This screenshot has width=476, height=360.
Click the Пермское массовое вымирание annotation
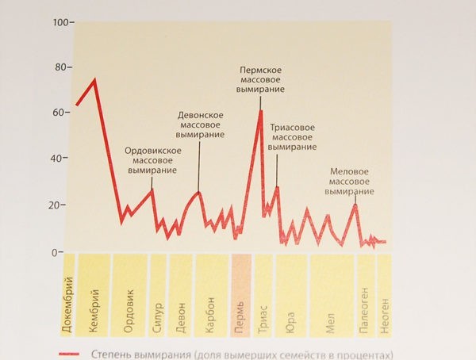(262, 80)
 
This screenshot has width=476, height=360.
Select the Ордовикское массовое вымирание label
(154, 160)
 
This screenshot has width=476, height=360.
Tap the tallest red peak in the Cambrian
(95, 79)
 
